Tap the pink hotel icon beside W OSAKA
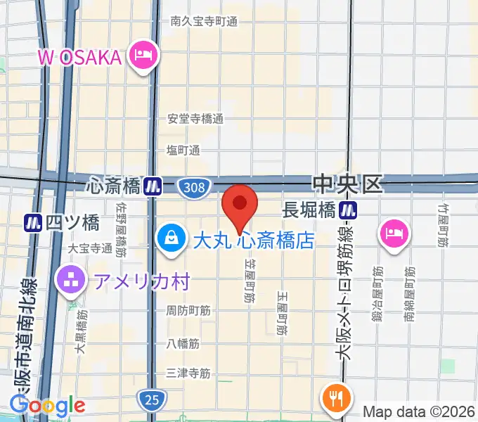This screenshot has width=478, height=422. pos(143,55)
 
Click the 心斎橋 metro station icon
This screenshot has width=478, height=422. pos(153,186)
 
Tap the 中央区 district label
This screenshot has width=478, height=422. pos(347,184)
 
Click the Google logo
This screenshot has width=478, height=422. pos(47,405)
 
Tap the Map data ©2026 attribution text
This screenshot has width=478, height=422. pos(419,411)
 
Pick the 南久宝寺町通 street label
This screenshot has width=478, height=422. pos(204,21)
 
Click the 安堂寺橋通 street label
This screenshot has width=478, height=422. pos(195,119)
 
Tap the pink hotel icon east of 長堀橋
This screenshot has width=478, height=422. pos(394,232)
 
